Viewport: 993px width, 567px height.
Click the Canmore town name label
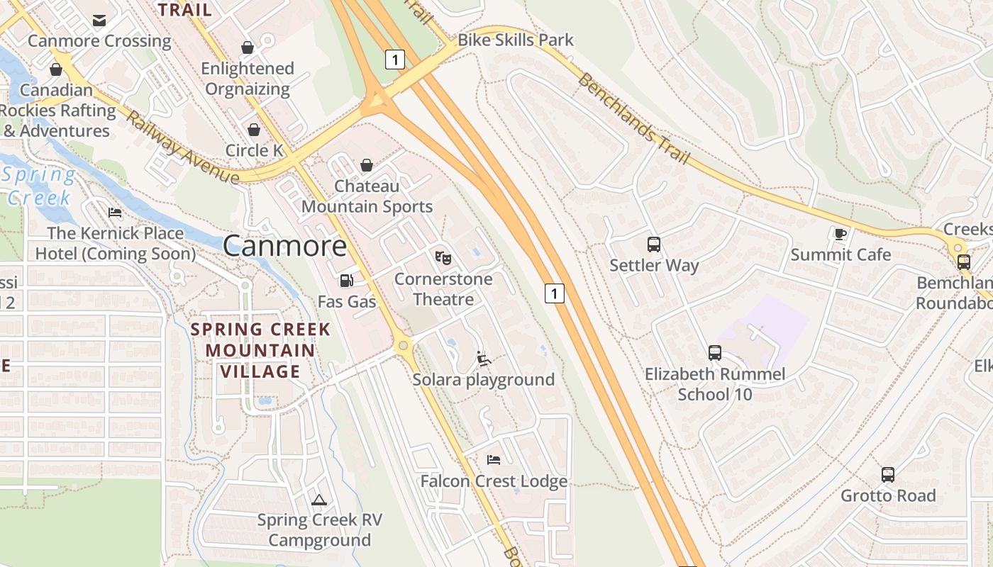pos(285,246)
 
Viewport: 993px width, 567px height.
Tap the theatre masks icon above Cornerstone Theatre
pos(443,257)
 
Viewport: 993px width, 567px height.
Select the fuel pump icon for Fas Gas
pos(346,281)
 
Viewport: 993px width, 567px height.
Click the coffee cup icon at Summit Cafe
pos(841,234)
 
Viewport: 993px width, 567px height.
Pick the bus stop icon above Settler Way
pos(654,245)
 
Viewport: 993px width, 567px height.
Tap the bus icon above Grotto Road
pos(888,475)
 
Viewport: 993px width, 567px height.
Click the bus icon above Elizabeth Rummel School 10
pos(715,353)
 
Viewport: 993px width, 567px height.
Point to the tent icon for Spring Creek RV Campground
pos(319,500)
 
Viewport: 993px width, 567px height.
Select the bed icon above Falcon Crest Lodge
pos(494,460)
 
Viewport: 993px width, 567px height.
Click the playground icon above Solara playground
pos(484,359)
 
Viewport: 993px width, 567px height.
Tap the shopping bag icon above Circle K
pos(253,130)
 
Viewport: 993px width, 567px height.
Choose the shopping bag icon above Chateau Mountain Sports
pos(367,165)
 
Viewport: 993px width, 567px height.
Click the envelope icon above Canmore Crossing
pos(99,20)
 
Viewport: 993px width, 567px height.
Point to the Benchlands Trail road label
pos(633,118)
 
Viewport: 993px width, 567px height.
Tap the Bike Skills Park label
pos(516,40)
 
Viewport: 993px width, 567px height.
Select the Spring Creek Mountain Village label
pos(260,350)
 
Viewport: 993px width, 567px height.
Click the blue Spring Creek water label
pos(40,186)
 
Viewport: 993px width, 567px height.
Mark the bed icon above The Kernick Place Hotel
pos(115,213)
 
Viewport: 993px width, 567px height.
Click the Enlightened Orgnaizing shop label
pos(247,79)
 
